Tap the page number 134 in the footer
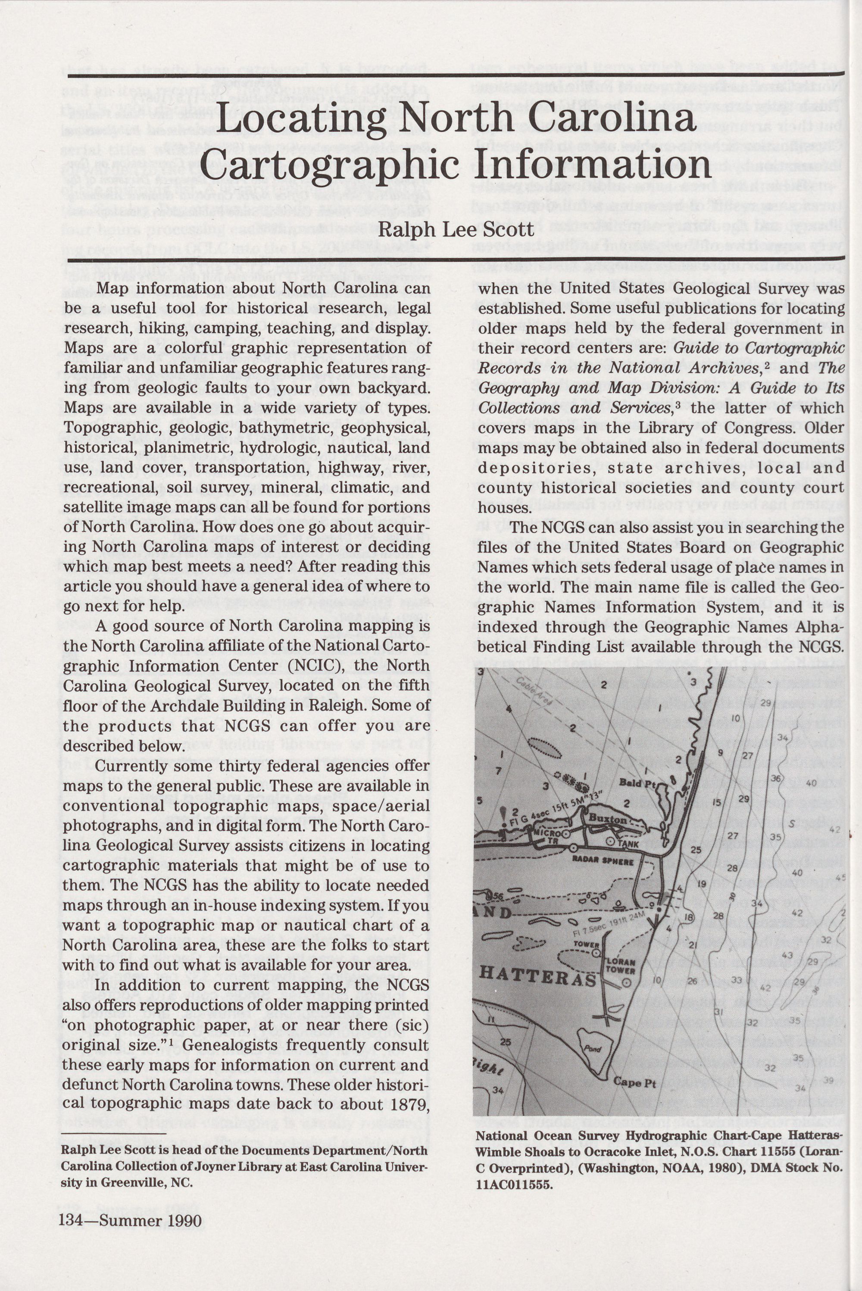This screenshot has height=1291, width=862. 70,1221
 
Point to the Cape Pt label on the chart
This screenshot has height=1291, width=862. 634,1083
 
